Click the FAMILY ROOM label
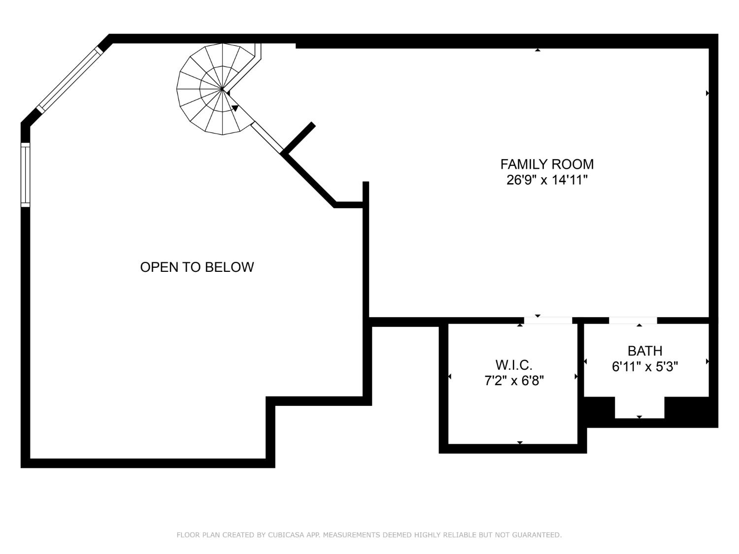[x=547, y=164]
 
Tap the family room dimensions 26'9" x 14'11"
[x=547, y=180]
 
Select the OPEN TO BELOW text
[x=197, y=267]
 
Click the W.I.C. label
[x=514, y=365]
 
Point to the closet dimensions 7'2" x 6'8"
[x=514, y=381]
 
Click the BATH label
[x=644, y=351]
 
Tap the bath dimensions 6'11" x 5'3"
[x=644, y=367]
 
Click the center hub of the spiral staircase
[x=223, y=90]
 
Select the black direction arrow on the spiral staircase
[x=235, y=108]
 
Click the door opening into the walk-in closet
[x=548, y=321]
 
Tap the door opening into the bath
[x=633, y=321]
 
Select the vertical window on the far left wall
[x=25, y=175]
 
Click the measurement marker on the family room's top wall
[x=537, y=50]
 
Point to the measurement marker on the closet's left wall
[x=449, y=377]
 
